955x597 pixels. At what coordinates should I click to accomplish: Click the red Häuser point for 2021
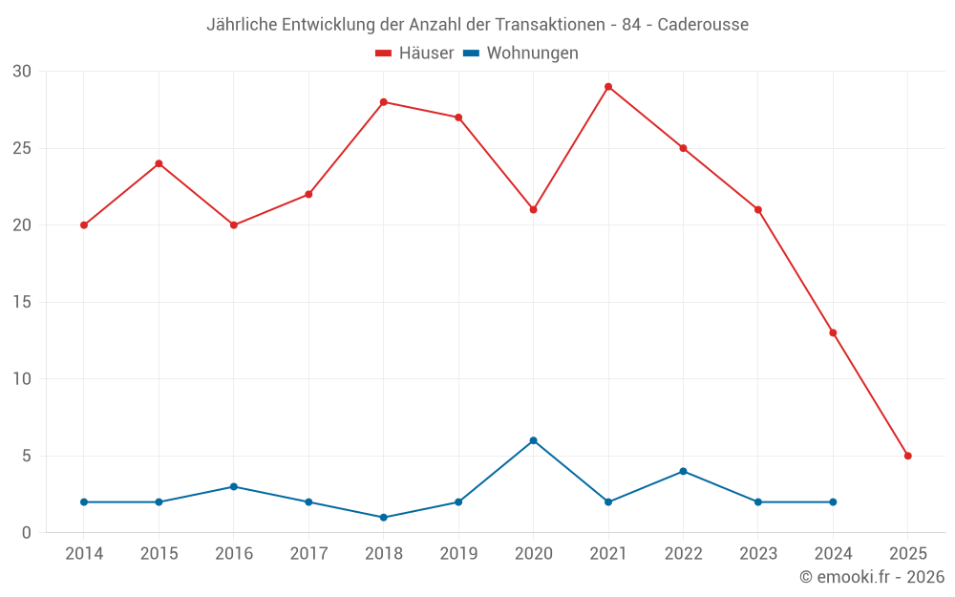(x=608, y=87)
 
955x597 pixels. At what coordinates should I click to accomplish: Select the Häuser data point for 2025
(x=908, y=456)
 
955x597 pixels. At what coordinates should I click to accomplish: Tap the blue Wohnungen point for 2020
(x=533, y=440)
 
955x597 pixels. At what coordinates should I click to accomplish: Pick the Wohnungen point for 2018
(x=384, y=518)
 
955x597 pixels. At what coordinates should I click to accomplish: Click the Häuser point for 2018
(x=384, y=102)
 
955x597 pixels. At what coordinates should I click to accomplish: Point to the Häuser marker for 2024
(x=833, y=332)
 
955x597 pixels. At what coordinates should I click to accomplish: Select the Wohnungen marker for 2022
(x=683, y=471)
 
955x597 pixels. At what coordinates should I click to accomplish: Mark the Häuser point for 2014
(x=84, y=225)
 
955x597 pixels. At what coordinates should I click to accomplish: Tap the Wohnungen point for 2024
(x=833, y=501)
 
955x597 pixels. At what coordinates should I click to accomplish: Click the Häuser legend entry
(x=414, y=53)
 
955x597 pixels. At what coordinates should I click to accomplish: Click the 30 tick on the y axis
(x=22, y=72)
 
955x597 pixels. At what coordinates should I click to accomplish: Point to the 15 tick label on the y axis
(x=22, y=303)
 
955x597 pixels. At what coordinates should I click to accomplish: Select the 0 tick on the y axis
(x=27, y=533)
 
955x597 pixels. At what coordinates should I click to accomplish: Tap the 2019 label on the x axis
(x=458, y=554)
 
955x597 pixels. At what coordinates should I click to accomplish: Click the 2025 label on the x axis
(x=908, y=554)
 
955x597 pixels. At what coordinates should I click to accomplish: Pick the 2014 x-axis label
(x=84, y=554)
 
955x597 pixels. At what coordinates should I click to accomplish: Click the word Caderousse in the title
(x=703, y=24)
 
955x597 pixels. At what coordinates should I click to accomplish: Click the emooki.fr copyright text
(x=872, y=577)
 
